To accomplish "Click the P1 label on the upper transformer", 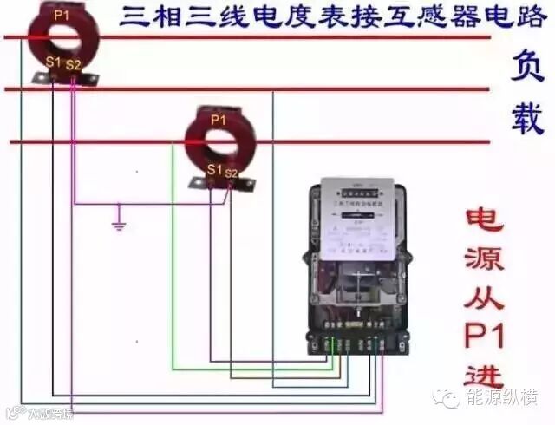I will [61, 15].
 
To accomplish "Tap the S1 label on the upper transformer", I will [54, 61].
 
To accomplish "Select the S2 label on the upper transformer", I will [74, 64].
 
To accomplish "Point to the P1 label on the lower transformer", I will [218, 119].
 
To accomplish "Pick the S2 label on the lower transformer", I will [231, 173].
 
